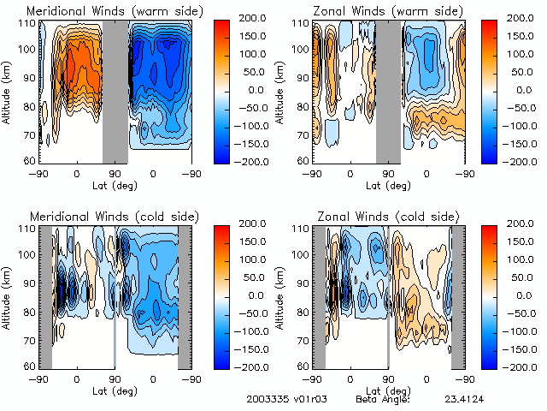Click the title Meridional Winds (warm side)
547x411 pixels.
pos(102,11)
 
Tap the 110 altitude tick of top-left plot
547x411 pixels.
pos(27,23)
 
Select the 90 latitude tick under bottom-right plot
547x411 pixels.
pos(389,378)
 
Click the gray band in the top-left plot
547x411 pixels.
pos(115,90)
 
